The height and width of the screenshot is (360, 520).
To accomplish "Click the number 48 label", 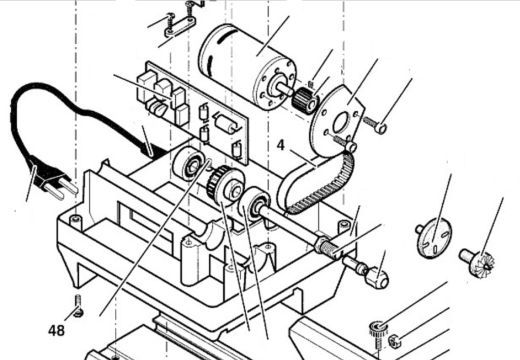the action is click(x=56, y=331).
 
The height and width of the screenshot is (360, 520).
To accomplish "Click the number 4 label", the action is click(x=280, y=145).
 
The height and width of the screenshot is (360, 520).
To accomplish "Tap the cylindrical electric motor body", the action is click(x=247, y=67).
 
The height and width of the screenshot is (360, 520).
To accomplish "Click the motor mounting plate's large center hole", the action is click(x=341, y=122).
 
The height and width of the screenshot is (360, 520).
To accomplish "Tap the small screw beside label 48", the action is click(x=78, y=305).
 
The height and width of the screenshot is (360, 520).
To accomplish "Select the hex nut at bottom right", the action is click(x=394, y=341).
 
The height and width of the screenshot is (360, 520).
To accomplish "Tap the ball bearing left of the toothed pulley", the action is click(x=189, y=163).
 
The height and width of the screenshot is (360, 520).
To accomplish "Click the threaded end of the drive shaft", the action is click(x=329, y=247).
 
